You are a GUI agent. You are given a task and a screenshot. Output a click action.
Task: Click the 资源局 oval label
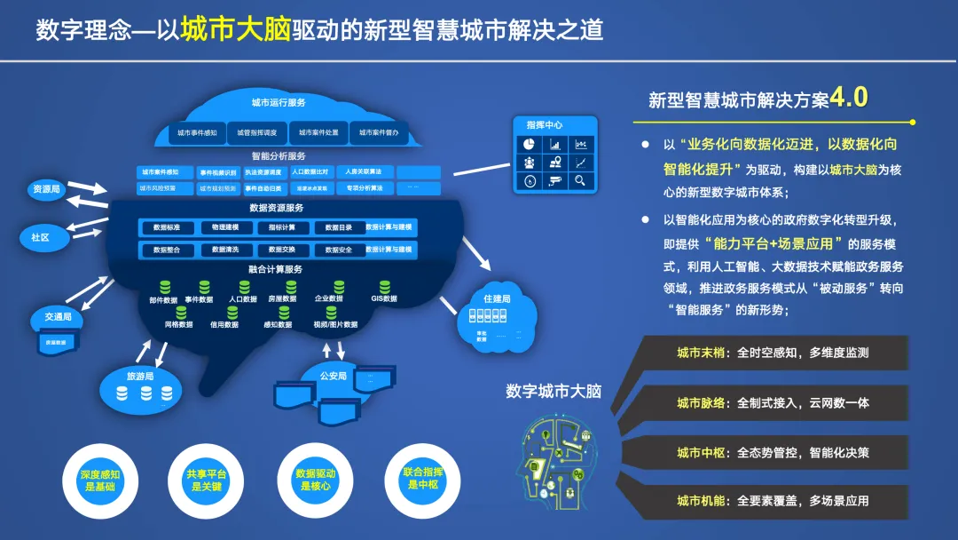click(x=47, y=189)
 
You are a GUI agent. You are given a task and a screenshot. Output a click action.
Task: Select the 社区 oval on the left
click(x=40, y=237)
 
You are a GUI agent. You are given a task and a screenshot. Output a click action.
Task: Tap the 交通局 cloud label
click(x=58, y=317)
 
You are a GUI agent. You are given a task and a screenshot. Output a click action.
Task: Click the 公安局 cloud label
click(x=333, y=376)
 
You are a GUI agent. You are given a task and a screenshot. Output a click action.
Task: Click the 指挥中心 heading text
click(x=544, y=125)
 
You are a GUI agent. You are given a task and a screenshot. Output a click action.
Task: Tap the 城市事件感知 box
click(x=197, y=133)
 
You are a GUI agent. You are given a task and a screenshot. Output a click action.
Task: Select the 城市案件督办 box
click(x=379, y=133)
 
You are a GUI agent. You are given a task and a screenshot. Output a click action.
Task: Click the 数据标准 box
click(x=167, y=227)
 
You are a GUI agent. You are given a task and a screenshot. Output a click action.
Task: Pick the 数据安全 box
click(x=339, y=250)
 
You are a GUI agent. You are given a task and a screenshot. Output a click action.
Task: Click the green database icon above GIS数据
click(x=384, y=287)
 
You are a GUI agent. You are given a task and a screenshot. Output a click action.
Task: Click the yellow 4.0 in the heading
click(x=848, y=98)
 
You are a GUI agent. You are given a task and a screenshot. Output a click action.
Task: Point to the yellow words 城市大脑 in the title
click(x=236, y=29)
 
